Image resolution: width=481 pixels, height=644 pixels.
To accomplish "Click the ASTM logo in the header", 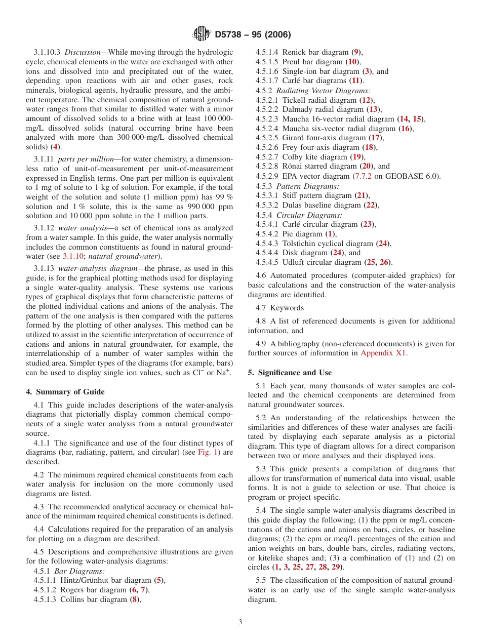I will coord(202,34).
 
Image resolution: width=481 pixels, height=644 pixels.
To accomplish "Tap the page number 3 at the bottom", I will coord(240,622).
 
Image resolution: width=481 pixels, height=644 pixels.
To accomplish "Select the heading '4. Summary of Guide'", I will coord(65,392).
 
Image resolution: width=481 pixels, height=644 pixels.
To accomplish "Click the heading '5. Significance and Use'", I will coord(290,373).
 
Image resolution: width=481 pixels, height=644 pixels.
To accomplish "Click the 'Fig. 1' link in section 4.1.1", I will coord(208,452).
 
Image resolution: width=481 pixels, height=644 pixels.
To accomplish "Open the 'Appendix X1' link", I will coord(383,353).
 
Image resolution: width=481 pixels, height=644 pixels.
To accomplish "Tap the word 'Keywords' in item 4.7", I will coord(287,308).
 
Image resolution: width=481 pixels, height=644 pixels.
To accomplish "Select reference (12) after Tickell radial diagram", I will coord(367,100).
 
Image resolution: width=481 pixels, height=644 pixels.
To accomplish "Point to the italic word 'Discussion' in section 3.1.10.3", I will coord(83,52).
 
